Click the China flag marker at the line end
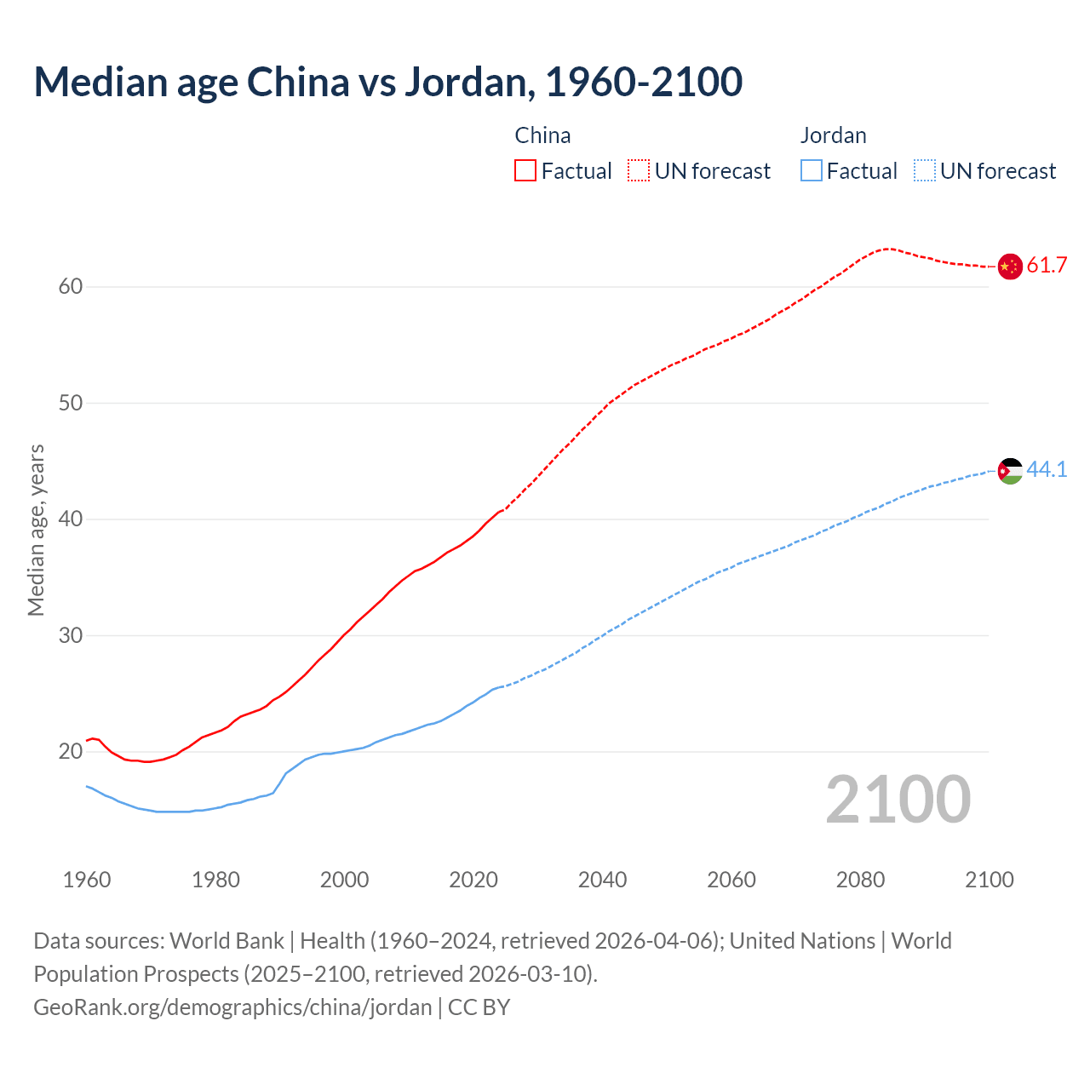coord(1009,267)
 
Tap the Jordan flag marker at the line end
coord(1010,471)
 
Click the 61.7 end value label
coord(1047,266)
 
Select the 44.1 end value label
coord(1047,470)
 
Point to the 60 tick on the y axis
coord(71,287)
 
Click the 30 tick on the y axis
coord(71,635)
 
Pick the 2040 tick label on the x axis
coord(602,880)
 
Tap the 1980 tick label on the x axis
coord(215,880)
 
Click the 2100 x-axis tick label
coord(989,880)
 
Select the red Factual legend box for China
coord(525,171)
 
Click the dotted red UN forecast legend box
coord(639,171)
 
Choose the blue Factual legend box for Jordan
coord(812,171)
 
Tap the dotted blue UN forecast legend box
coord(924,171)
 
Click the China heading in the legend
coord(542,135)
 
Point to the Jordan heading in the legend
coord(833,135)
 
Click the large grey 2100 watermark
coord(898,800)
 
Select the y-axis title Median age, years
coord(36,530)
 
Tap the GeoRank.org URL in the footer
coord(232,1007)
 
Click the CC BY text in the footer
coord(479,1007)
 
